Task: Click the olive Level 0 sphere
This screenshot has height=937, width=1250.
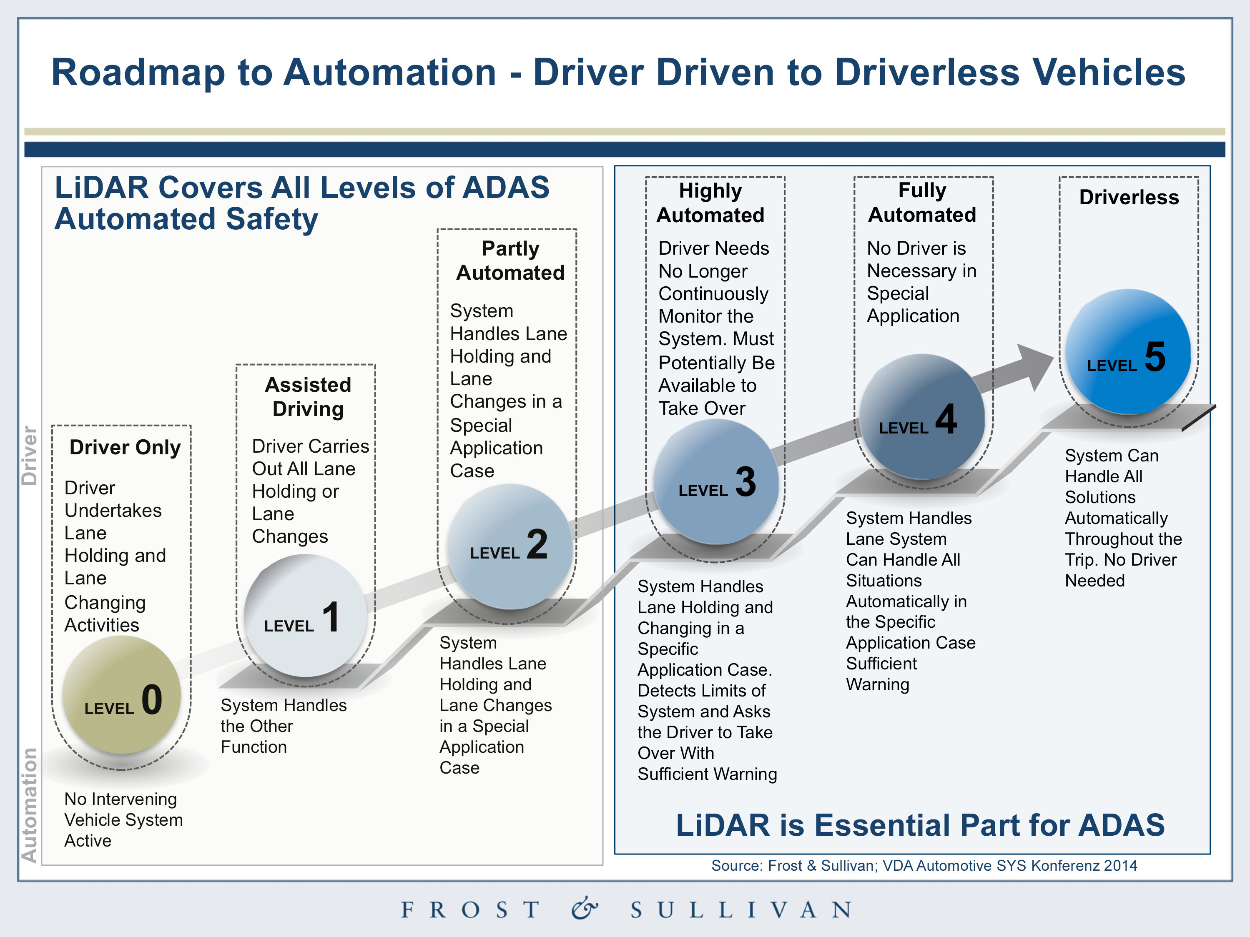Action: pyautogui.click(x=121, y=695)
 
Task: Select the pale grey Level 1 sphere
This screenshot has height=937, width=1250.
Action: pyautogui.click(x=306, y=616)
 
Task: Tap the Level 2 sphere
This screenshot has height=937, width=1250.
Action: pyautogui.click(x=510, y=546)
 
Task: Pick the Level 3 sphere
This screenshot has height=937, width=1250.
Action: pyautogui.click(x=716, y=481)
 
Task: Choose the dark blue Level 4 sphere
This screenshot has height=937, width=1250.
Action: pyautogui.click(x=922, y=417)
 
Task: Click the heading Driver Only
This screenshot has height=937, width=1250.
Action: pyautogui.click(x=125, y=447)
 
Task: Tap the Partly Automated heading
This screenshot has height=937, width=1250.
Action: pyautogui.click(x=510, y=261)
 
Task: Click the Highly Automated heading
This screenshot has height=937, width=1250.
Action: pyautogui.click(x=710, y=203)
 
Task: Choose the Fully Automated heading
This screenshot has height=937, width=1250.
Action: pyautogui.click(x=922, y=202)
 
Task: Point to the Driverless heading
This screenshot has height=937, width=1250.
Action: pyautogui.click(x=1129, y=197)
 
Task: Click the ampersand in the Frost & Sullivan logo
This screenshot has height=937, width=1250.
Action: pyautogui.click(x=584, y=908)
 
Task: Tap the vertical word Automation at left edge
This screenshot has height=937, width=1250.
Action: pyautogui.click(x=29, y=805)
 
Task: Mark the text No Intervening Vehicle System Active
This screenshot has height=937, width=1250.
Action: pyautogui.click(x=123, y=819)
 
